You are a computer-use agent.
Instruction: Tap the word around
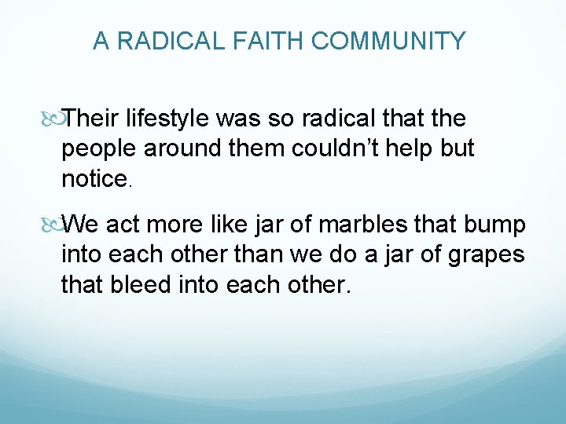click(178, 149)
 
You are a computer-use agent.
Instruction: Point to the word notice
click(94, 179)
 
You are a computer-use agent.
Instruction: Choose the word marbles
click(366, 225)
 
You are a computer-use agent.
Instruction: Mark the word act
click(122, 225)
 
